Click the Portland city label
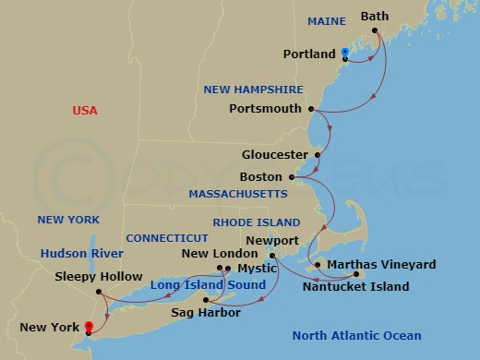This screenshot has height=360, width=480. tap(308, 54)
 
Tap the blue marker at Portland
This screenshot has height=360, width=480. tap(344, 53)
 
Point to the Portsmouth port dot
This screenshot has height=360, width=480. tap(311, 109)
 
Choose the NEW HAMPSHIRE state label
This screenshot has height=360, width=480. tap(254, 90)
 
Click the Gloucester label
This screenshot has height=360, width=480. tap(274, 154)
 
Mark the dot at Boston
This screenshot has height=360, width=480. tap(292, 176)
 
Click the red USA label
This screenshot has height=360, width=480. tap(85, 111)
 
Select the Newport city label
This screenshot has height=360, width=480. tap(272, 240)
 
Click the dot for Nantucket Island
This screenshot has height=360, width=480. tap(356, 274)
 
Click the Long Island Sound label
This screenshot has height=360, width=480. tap(215, 284)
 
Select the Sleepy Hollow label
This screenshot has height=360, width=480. tap(99, 276)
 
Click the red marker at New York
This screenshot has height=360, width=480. tap(88, 326)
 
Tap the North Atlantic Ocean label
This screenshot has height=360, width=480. tap(356, 336)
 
